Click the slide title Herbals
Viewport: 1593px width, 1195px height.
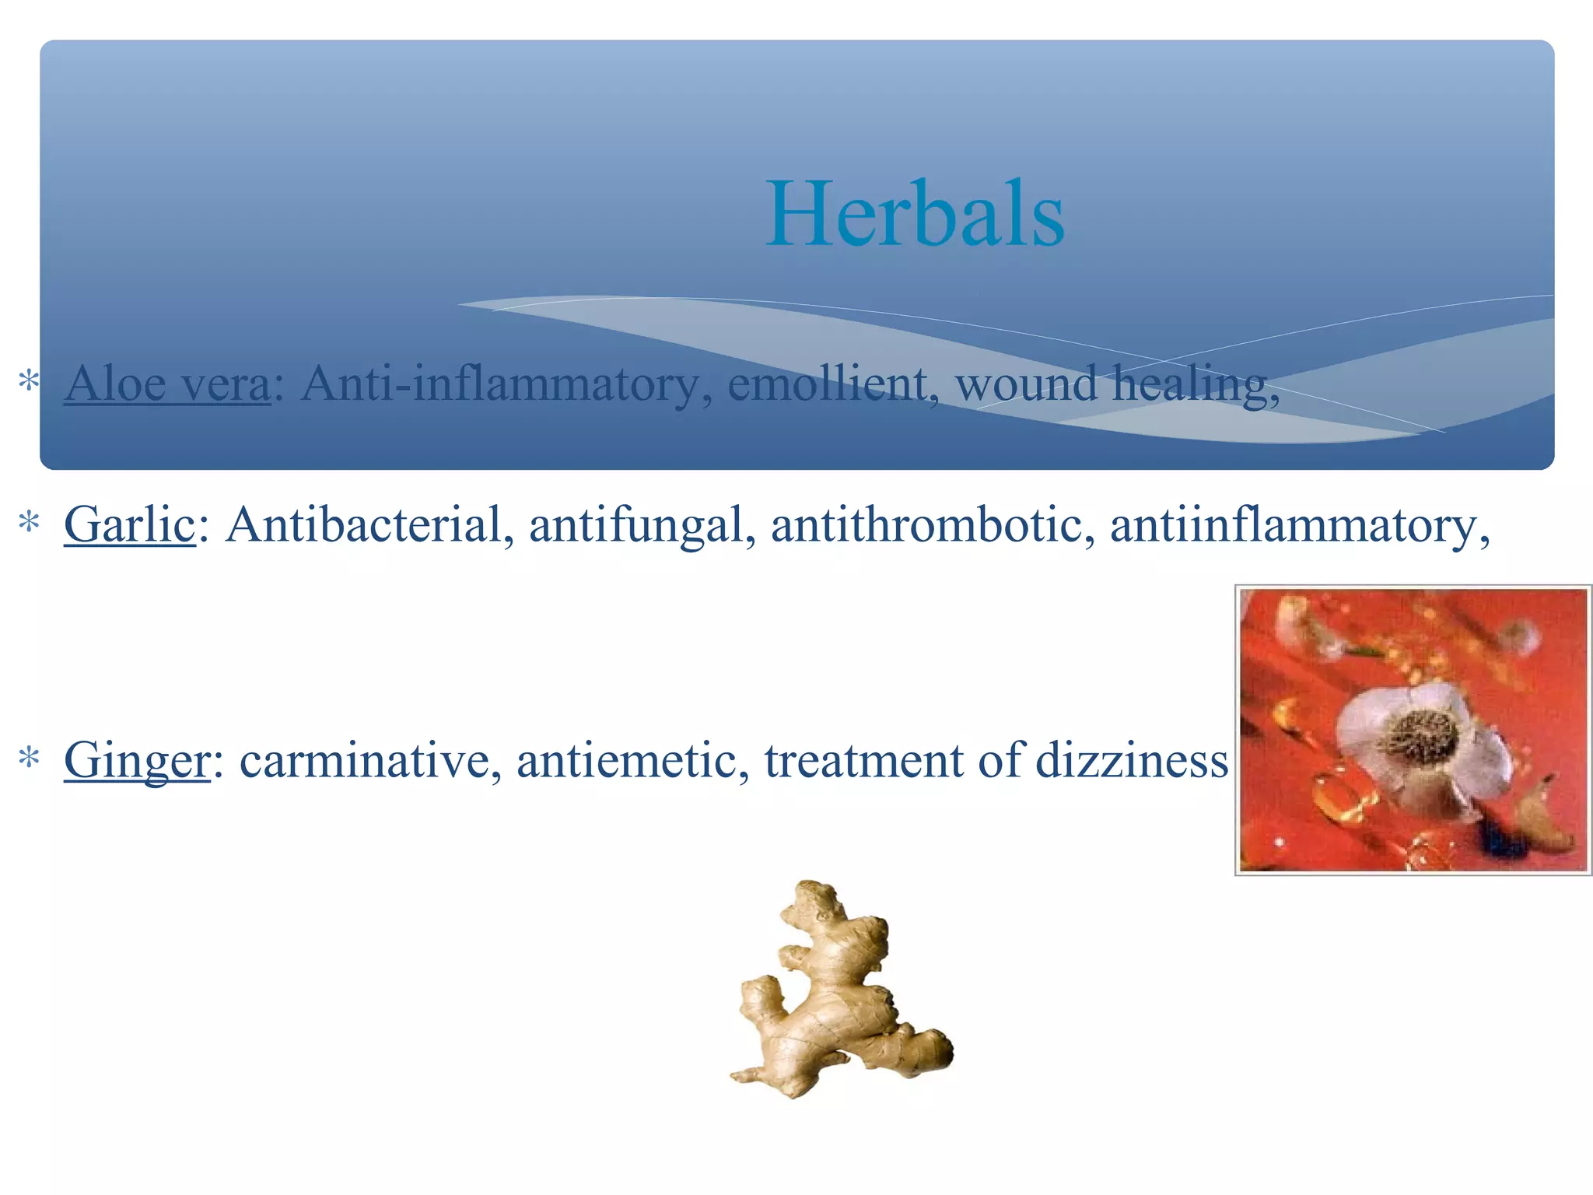click(x=915, y=213)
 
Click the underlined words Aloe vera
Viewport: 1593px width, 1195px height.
click(x=167, y=384)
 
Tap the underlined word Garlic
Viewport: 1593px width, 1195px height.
click(x=129, y=524)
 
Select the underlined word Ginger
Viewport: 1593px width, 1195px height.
click(x=137, y=760)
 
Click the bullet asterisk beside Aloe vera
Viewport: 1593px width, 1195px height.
click(x=29, y=382)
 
